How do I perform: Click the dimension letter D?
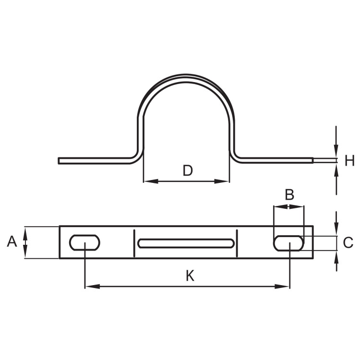(188, 170)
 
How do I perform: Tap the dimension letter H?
(349, 160)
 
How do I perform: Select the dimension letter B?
(289, 195)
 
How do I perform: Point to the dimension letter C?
(348, 242)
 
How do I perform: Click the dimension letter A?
(12, 242)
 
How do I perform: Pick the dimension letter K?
(190, 276)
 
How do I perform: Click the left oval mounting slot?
(84, 242)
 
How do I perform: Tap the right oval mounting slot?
(288, 243)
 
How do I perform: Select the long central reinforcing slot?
(186, 243)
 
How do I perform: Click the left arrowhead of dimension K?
(92, 287)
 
